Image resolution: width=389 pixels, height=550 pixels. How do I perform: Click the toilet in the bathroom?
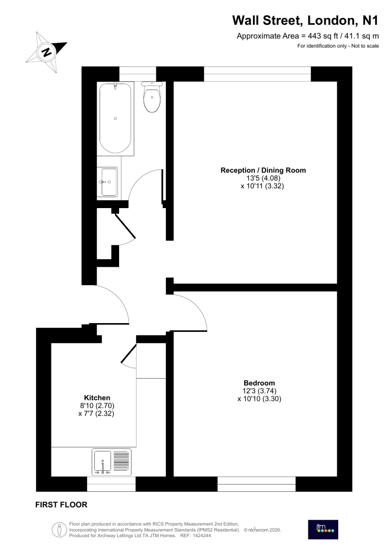pyautogui.click(x=152, y=97)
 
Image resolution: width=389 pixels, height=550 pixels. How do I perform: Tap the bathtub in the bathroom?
pyautogui.click(x=115, y=119)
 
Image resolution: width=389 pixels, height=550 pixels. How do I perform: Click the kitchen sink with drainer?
pyautogui.click(x=111, y=462)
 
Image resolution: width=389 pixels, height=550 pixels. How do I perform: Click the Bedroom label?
pyautogui.click(x=259, y=383)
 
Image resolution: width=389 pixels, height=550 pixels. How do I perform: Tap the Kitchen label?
pyautogui.click(x=97, y=397)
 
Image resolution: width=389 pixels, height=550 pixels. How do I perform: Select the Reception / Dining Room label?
pyautogui.click(x=263, y=170)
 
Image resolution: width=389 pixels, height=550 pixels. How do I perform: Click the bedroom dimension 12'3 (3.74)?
pyautogui.click(x=259, y=390)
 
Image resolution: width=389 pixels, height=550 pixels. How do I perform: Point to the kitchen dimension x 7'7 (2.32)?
pyautogui.click(x=96, y=413)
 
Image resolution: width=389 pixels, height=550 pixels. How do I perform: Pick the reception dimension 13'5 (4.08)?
pyautogui.click(x=263, y=178)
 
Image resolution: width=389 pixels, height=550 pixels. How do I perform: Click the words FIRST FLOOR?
pyautogui.click(x=61, y=505)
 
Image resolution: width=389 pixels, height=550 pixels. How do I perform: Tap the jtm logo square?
pyautogui.click(x=323, y=530)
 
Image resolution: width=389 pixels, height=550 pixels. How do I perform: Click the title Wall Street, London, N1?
pyautogui.click(x=305, y=20)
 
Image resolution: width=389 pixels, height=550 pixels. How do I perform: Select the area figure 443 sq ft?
pyautogui.click(x=323, y=36)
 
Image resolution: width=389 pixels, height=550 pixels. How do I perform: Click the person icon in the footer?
pyautogui.click(x=59, y=529)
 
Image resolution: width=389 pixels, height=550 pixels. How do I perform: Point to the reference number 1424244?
pyautogui.click(x=202, y=535)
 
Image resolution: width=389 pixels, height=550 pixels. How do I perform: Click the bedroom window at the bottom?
pyautogui.click(x=256, y=484)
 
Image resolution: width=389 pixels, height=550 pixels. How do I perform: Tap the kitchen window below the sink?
pyautogui.click(x=111, y=484)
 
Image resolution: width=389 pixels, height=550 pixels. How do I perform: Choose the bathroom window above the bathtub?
pyautogui.click(x=137, y=74)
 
